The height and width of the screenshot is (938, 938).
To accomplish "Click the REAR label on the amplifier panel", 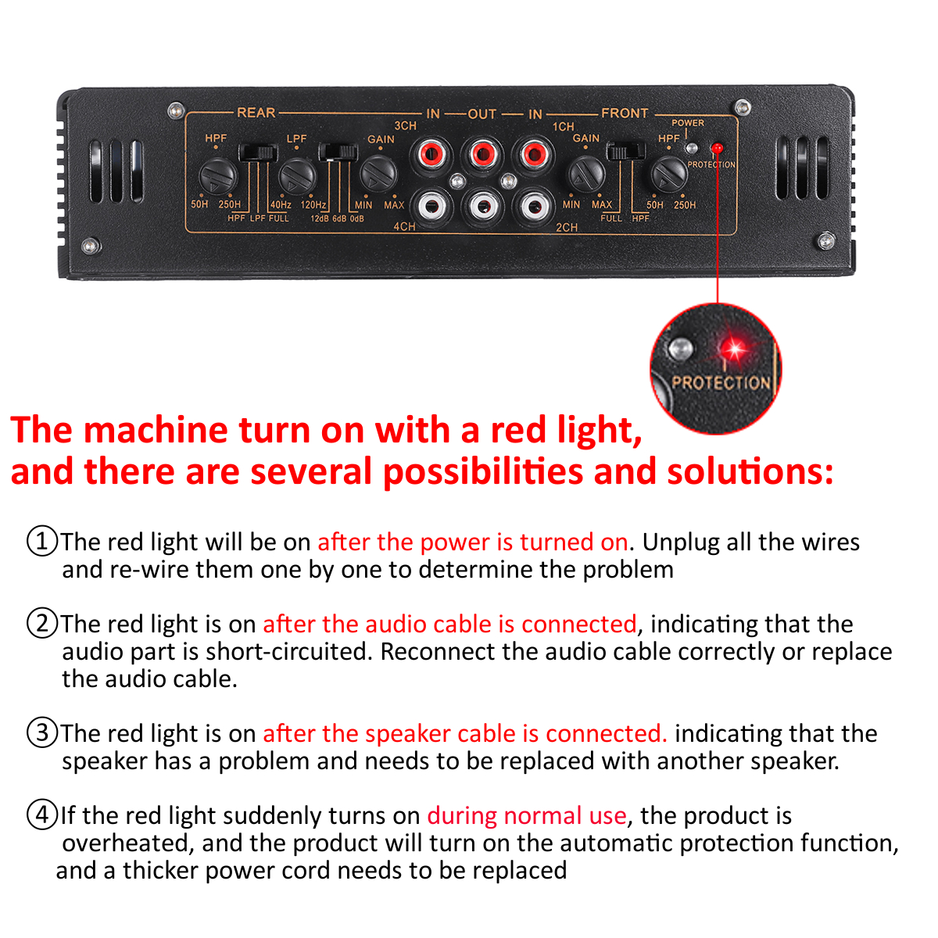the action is click(x=256, y=113).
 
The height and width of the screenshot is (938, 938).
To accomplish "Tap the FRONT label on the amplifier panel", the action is click(x=625, y=113).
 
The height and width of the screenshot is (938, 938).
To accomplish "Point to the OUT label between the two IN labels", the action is click(x=482, y=114).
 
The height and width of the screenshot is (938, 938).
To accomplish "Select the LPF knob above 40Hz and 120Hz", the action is click(x=297, y=176).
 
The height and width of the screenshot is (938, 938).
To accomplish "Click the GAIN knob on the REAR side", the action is click(x=378, y=174).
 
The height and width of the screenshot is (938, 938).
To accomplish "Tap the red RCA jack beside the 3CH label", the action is click(x=431, y=155).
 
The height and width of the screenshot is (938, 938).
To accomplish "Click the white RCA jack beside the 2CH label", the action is click(x=534, y=207).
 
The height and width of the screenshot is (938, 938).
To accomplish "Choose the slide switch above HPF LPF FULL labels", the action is click(x=258, y=152).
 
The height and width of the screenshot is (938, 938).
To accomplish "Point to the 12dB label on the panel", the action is click(x=320, y=219).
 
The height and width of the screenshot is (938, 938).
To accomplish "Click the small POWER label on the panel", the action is click(x=687, y=123).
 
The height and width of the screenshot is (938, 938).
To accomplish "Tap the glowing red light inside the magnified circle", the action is click(x=734, y=349).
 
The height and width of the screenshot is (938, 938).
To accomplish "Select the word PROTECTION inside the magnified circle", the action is click(x=721, y=382).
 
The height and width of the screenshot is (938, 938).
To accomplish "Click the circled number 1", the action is click(x=42, y=541).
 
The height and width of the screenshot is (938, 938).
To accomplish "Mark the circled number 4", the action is click(x=42, y=814).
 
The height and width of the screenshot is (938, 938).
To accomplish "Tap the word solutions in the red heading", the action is click(x=750, y=471).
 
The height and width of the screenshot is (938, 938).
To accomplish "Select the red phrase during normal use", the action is click(x=527, y=815).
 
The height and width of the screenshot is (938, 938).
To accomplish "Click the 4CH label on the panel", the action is click(x=404, y=227).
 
